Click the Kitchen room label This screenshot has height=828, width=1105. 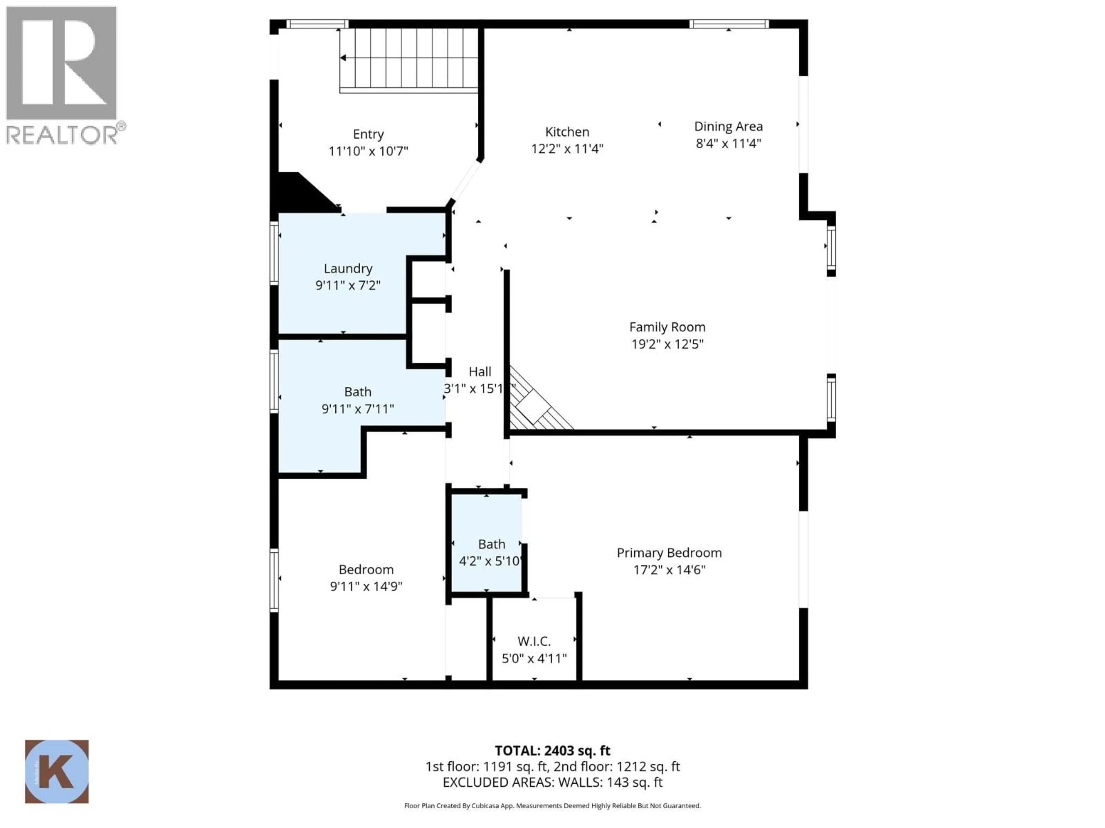[567, 132]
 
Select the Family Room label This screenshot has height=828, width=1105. [667, 327]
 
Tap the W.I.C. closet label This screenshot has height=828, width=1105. [534, 641]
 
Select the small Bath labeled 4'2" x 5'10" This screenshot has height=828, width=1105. [491, 544]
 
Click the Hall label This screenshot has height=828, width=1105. [480, 372]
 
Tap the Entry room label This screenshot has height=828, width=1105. [368, 134]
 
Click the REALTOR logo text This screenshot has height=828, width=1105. [62, 135]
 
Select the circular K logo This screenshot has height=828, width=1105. [56, 771]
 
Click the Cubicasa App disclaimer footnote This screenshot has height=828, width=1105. [552, 806]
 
